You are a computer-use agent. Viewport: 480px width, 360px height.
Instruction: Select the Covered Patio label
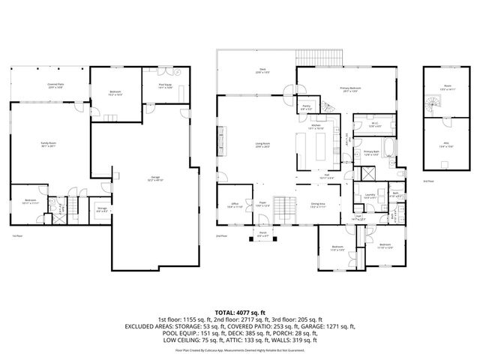pos(54,85)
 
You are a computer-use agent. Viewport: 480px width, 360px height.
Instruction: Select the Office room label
pos(234,205)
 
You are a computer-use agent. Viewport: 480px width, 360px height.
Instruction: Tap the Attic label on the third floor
pos(445,146)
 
